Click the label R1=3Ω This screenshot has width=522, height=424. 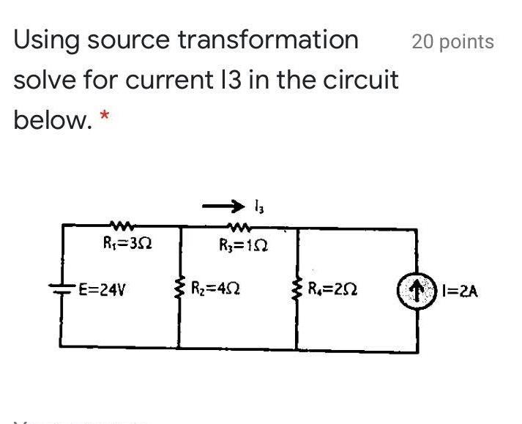coord(129,242)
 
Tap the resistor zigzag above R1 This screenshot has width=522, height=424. coord(120,226)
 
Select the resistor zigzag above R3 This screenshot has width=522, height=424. coord(240,226)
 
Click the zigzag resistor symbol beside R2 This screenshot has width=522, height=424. coord(180,288)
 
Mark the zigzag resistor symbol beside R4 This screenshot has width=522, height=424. coord(297,288)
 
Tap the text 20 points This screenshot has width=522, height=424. coord(452,42)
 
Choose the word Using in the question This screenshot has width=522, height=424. coord(46,40)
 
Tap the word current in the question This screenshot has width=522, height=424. coord(166,79)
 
